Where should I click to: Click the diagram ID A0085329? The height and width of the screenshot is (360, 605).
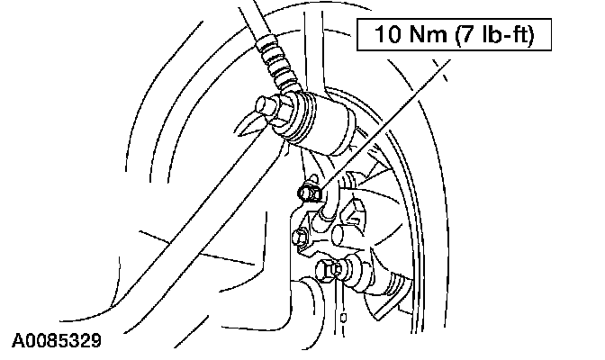56,343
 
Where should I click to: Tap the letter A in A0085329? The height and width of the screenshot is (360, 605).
18,343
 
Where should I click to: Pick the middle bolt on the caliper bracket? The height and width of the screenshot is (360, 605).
301,236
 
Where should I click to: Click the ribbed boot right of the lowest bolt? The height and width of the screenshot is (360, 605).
378,280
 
